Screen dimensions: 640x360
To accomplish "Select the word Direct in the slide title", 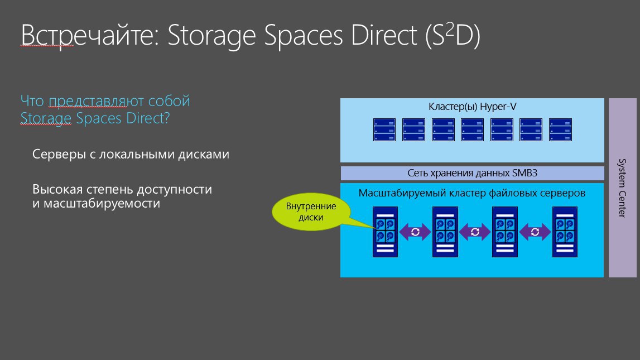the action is tap(384, 35).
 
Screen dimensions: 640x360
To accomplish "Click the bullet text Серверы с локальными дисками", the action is tap(131, 154).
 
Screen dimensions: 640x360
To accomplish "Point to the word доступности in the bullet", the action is tap(174, 190).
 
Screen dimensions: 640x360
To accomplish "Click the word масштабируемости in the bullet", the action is tap(102, 204).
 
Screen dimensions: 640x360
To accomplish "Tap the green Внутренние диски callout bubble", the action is tap(311, 212).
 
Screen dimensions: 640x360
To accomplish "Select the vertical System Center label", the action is tap(622, 188).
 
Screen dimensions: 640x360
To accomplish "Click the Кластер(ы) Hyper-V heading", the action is tap(472, 107).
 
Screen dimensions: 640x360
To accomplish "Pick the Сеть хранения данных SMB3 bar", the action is tap(472, 173).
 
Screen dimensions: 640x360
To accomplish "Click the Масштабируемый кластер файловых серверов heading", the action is tap(472, 193).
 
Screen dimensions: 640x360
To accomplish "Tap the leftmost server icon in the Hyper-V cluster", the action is tap(384, 130).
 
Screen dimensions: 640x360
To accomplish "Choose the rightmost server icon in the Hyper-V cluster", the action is tap(560, 130).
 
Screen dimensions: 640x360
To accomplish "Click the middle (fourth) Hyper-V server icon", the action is tap(472, 130).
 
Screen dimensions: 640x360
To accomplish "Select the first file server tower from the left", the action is tap(385, 232).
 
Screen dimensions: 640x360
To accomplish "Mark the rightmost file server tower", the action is tap(565, 232).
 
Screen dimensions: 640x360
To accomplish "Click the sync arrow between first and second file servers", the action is tap(415, 232).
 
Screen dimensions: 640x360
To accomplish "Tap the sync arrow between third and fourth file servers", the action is tap(535, 232).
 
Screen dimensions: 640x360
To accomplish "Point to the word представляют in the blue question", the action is tap(97, 101).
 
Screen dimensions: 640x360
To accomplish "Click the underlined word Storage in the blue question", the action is tap(46, 118).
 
